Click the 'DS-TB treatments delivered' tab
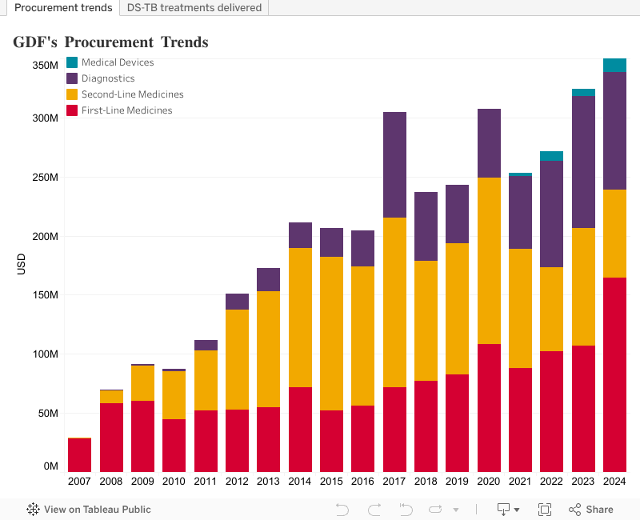coord(194,8)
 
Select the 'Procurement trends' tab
coord(63,8)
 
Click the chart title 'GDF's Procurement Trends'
coord(110,42)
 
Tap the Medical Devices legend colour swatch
coord(72,62)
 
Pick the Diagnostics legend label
coord(108,78)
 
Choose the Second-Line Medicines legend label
coord(132,94)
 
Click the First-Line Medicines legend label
coord(126,110)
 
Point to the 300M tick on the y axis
coord(45,118)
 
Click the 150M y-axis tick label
coord(45,295)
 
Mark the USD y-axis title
coord(21,265)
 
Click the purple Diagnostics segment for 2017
coord(394,165)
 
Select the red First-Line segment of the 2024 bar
coord(614,374)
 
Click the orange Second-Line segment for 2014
coord(300,318)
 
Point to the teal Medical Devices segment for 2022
coord(551,156)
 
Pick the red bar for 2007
coord(79,455)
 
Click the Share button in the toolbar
coord(591,510)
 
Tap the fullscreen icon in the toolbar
coord(545,510)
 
